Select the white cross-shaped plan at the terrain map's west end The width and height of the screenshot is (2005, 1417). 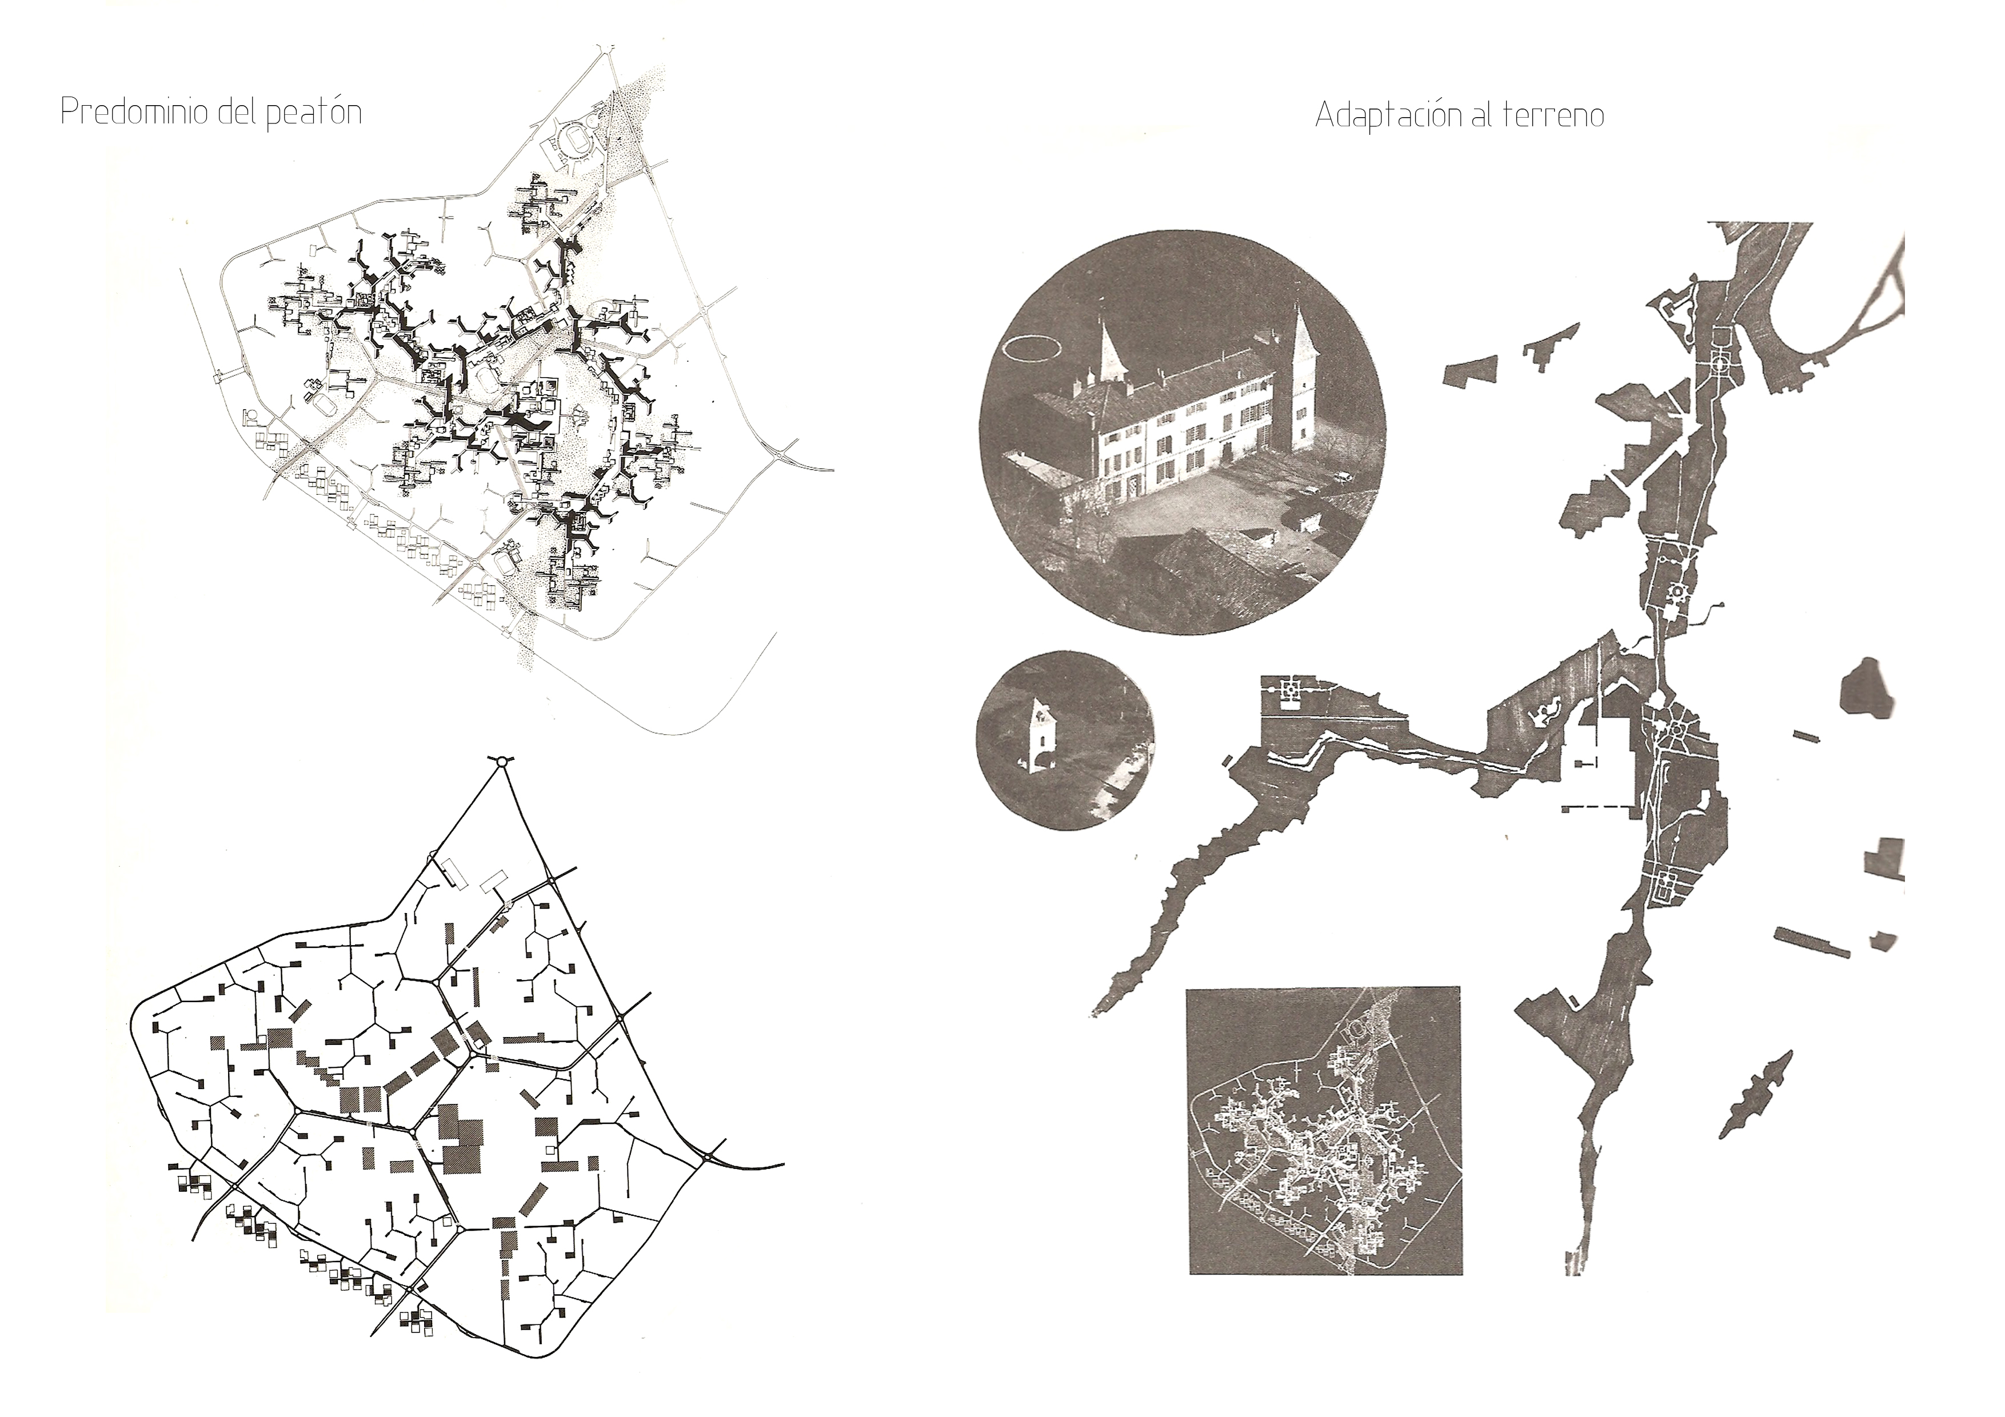[1288, 691]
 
